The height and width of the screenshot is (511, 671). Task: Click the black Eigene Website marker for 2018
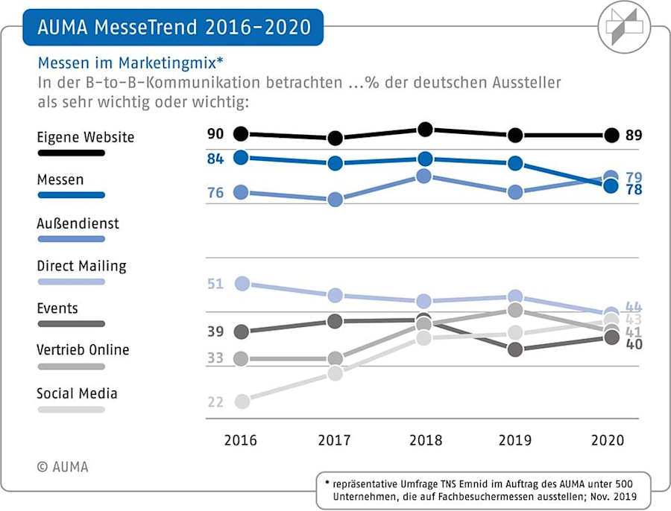tap(426, 130)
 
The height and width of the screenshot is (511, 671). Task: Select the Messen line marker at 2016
tap(241, 157)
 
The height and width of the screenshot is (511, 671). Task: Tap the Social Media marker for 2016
tap(241, 401)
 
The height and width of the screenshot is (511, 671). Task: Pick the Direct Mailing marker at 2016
tap(241, 283)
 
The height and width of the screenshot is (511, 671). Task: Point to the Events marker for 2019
tap(515, 349)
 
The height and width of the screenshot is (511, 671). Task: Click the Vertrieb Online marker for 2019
tap(515, 310)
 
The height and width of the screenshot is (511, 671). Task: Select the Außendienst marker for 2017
tap(335, 199)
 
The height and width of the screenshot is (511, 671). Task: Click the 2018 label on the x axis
tap(425, 440)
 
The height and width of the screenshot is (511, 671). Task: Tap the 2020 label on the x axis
tap(608, 440)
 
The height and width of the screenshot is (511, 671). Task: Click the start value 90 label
tap(215, 134)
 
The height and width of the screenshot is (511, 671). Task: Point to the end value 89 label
tap(634, 136)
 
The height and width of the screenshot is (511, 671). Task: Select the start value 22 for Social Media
tap(215, 402)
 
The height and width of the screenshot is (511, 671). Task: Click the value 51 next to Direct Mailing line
tap(215, 284)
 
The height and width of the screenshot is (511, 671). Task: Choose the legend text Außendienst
tap(78, 223)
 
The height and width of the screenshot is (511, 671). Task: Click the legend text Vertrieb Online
tap(83, 350)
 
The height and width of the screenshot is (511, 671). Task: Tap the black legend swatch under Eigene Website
tap(70, 153)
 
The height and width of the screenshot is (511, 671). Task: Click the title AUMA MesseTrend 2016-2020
tap(173, 28)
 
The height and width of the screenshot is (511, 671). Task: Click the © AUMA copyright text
tap(63, 467)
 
